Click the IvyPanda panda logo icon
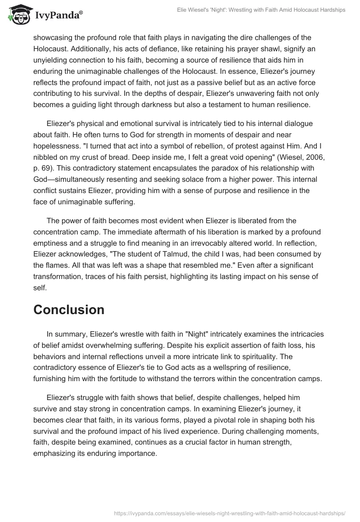pos(18,14)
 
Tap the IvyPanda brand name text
pos(57,15)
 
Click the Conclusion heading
pos(69,310)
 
